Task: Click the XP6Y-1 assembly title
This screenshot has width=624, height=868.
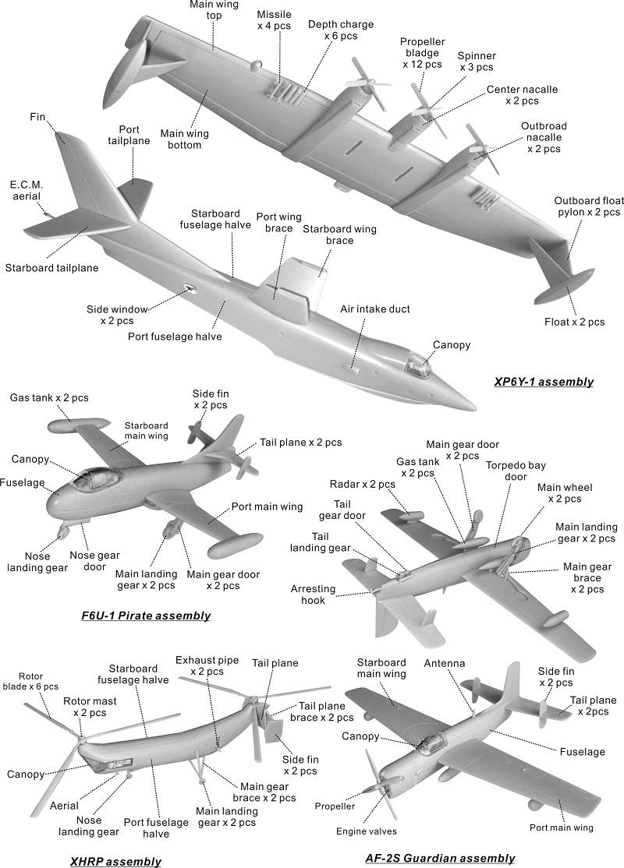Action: pyautogui.click(x=543, y=382)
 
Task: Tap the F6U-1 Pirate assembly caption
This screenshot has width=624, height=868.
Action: pyautogui.click(x=146, y=616)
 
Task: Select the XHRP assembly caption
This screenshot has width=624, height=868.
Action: pyautogui.click(x=115, y=861)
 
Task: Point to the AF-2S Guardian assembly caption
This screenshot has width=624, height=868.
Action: pyautogui.click(x=440, y=858)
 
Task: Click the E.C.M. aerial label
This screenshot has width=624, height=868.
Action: pyautogui.click(x=27, y=191)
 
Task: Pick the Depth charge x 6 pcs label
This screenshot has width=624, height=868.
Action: pyautogui.click(x=333, y=30)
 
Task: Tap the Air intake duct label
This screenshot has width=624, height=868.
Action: pyautogui.click(x=374, y=309)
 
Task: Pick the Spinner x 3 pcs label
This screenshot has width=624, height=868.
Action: pyautogui.click(x=477, y=62)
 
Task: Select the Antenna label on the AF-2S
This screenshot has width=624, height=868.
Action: pyautogui.click(x=445, y=664)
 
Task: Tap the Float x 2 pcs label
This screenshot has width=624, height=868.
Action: pyautogui.click(x=575, y=321)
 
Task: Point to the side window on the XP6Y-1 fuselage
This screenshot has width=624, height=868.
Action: pyautogui.click(x=189, y=289)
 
